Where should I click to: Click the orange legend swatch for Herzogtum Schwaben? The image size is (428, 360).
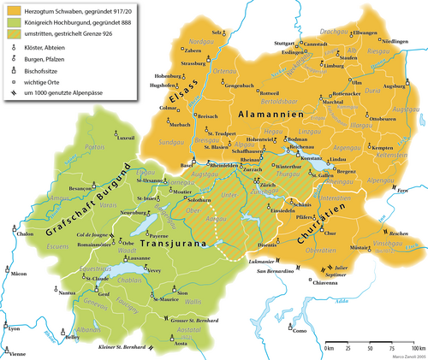click(13, 9)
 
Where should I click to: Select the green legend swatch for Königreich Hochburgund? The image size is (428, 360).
click(13, 21)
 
